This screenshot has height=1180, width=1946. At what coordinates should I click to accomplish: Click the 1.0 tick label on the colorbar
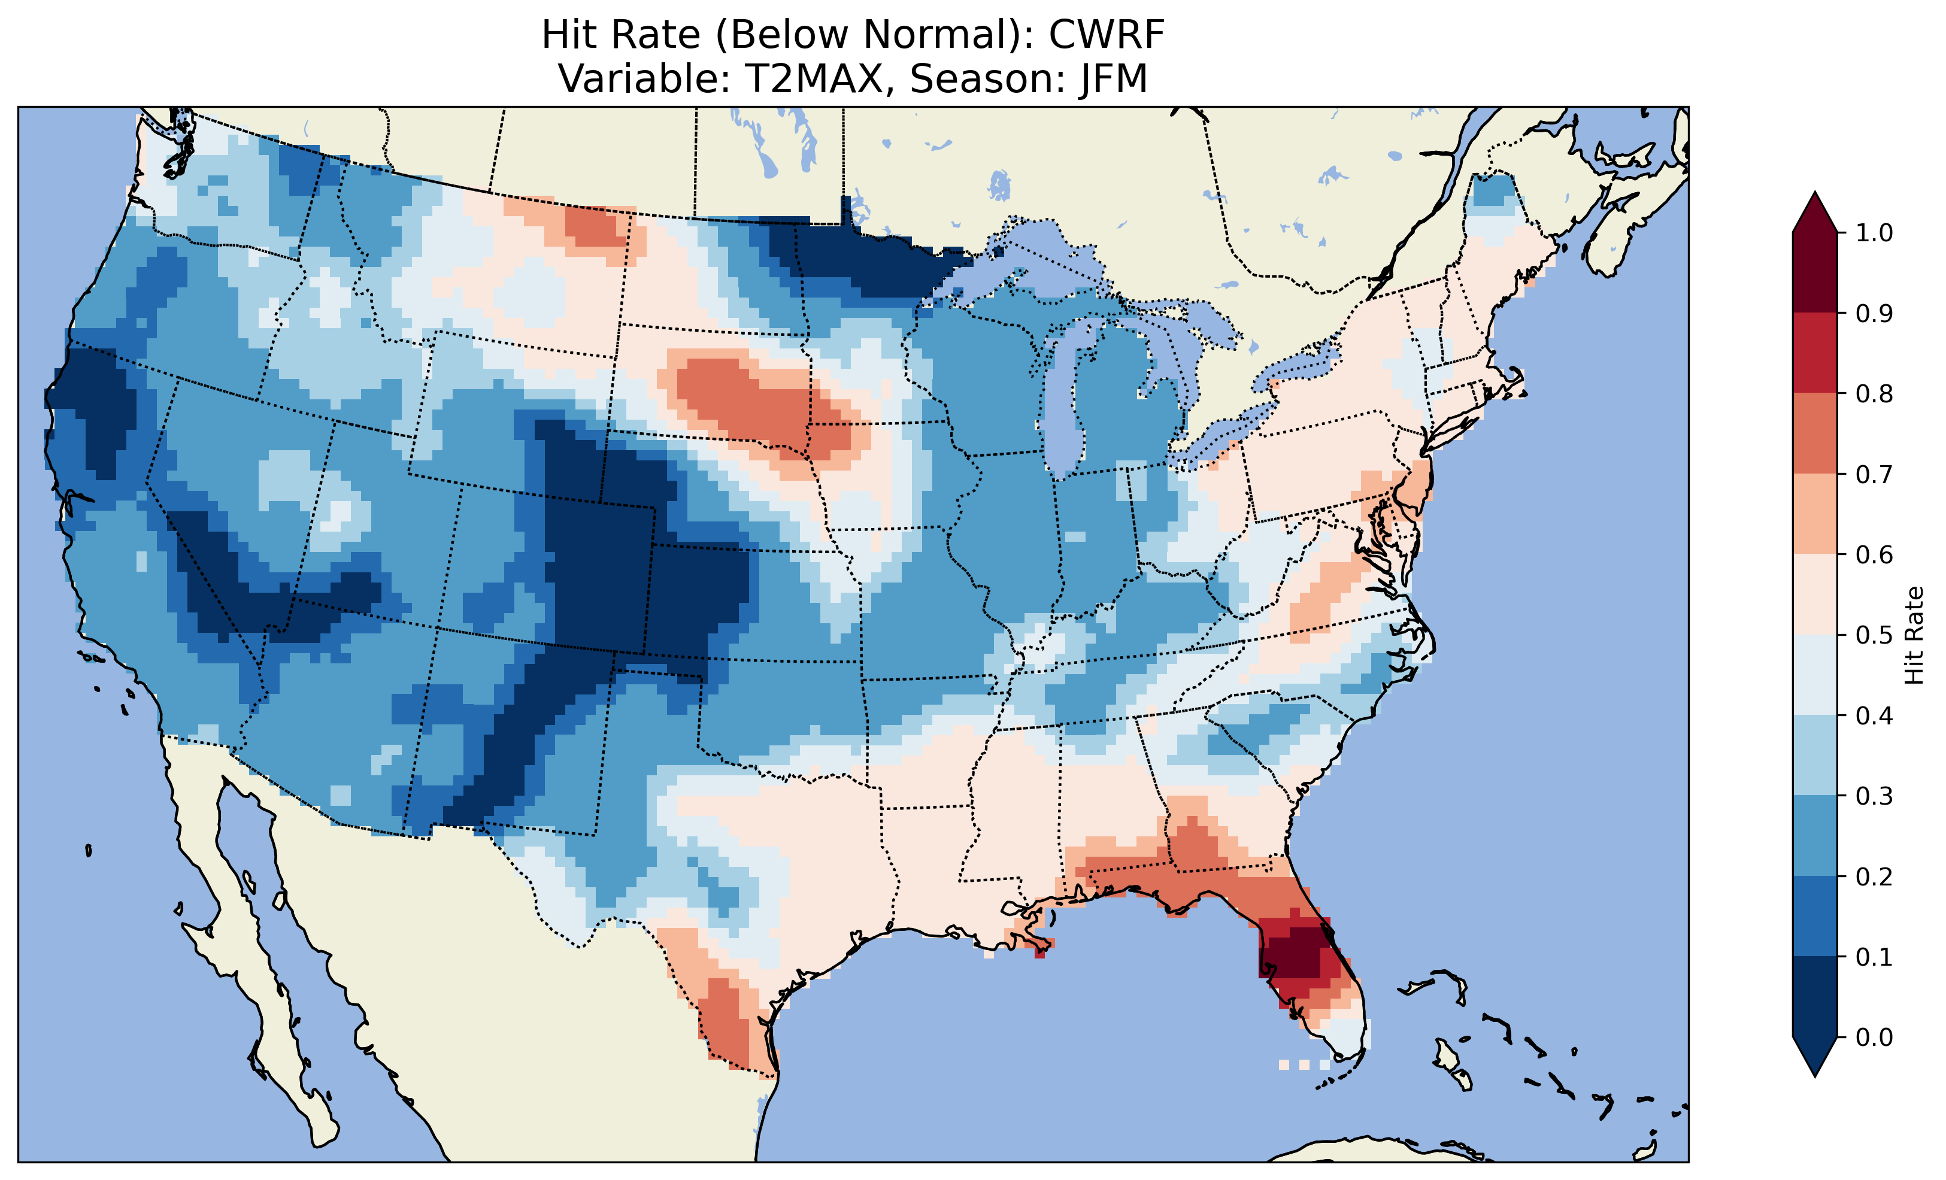1874,233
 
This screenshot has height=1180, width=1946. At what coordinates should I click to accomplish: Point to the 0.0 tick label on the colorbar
1874,1037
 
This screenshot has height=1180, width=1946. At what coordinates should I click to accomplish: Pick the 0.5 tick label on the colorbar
1874,635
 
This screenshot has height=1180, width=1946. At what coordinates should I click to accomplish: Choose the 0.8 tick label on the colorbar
1874,393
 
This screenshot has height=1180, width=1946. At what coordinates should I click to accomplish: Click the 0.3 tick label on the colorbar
1874,796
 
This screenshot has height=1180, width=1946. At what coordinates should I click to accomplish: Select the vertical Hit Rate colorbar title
1914,635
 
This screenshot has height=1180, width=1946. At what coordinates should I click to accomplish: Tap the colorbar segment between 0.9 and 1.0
1815,272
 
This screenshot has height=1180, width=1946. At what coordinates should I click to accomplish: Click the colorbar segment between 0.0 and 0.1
1815,997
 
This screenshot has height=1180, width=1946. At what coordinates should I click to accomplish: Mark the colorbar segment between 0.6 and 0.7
1815,514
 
